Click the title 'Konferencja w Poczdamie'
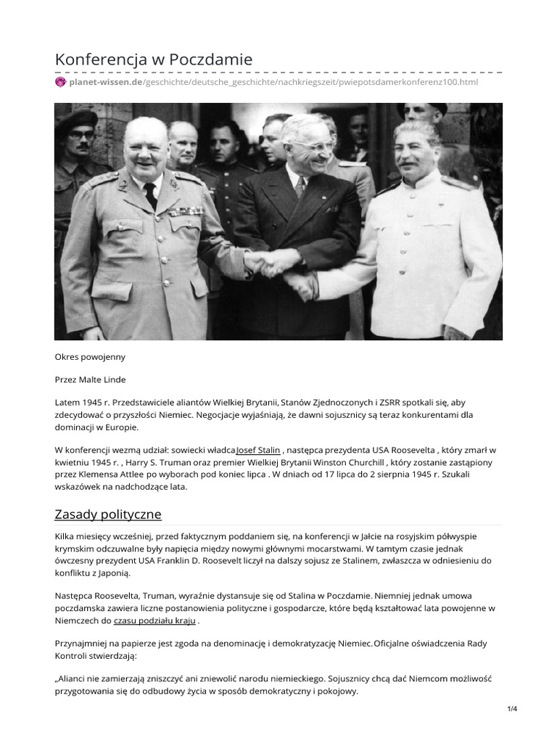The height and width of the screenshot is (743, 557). [x=154, y=59]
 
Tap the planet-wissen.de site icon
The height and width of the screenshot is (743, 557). [x=60, y=82]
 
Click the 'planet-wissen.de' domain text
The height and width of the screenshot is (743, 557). [x=106, y=82]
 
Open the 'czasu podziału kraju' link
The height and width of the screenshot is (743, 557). [x=154, y=621]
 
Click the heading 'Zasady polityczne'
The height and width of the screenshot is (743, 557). [x=108, y=514]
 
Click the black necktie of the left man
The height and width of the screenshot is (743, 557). [x=150, y=194]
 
